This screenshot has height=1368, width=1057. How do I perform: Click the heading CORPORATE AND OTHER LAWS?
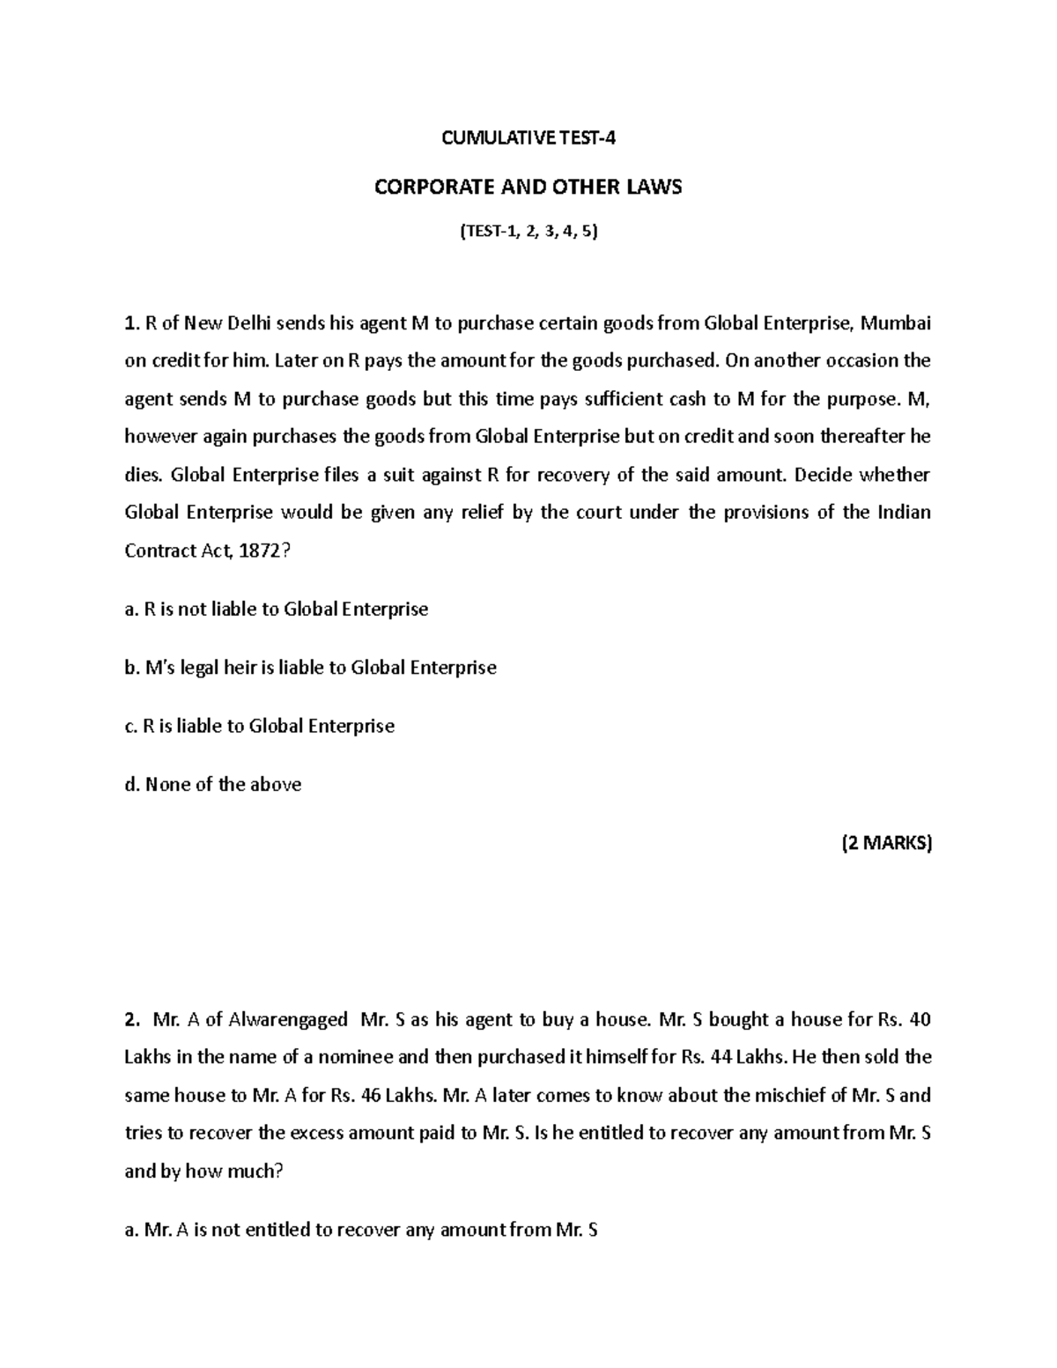point(528,187)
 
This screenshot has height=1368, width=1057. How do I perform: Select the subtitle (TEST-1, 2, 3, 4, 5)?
point(528,233)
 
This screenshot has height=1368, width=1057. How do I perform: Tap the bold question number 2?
point(131,1020)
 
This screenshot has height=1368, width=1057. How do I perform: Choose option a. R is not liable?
point(277,609)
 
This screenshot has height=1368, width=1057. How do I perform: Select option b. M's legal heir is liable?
point(311,668)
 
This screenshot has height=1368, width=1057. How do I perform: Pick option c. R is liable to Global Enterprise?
point(260,726)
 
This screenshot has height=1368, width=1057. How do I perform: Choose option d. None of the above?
point(213,784)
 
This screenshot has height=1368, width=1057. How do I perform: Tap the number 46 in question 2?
point(373,1095)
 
